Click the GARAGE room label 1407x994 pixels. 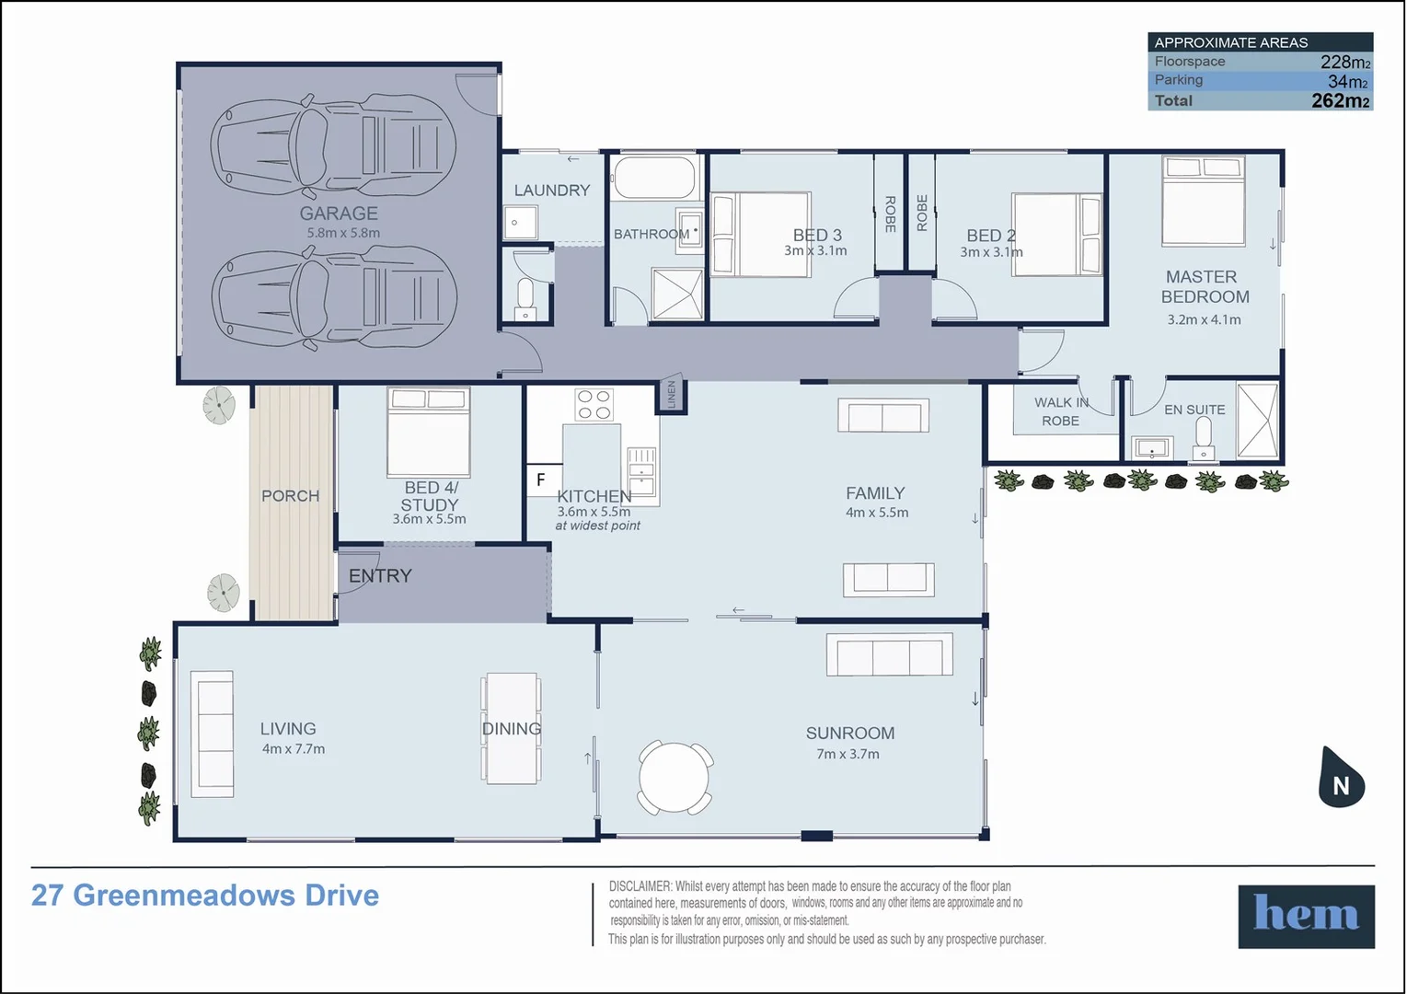click(x=338, y=214)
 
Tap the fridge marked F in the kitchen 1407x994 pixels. click(x=542, y=480)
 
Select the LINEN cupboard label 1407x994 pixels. click(x=672, y=395)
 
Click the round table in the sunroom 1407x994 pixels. click(x=675, y=778)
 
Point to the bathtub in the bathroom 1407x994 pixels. click(x=654, y=177)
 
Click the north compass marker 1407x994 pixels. click(x=1341, y=780)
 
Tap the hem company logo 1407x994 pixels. click(x=1305, y=916)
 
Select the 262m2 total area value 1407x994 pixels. click(x=1340, y=101)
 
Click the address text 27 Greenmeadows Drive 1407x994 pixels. click(x=205, y=896)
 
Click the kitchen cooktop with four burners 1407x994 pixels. click(x=594, y=405)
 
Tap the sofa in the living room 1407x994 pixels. click(x=213, y=734)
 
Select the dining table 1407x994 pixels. click(x=512, y=728)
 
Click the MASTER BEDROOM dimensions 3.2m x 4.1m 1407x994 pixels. click(x=1204, y=320)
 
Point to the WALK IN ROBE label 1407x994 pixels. click(x=1060, y=411)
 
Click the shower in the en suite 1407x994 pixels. click(x=1257, y=421)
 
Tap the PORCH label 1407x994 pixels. click(x=290, y=496)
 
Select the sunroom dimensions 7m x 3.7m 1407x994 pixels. click(x=848, y=754)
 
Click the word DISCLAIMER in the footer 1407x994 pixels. click(x=640, y=886)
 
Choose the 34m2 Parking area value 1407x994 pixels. click(x=1347, y=81)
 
